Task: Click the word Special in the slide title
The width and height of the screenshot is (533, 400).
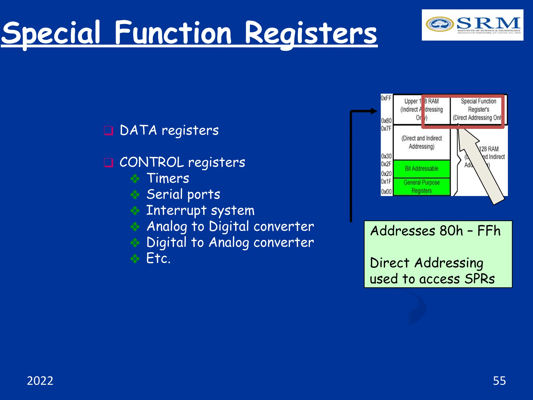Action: [x=51, y=33]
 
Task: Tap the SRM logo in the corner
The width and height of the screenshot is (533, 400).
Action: [x=472, y=25]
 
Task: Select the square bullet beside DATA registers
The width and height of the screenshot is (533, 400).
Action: [x=108, y=130]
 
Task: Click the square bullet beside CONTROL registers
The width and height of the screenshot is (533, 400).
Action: [x=108, y=162]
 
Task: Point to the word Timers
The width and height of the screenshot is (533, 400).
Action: [x=168, y=178]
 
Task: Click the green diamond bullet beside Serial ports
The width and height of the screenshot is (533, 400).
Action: [x=135, y=195]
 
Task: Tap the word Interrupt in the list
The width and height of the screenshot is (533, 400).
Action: [x=176, y=210]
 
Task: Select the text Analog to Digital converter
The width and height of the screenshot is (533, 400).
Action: [x=230, y=226]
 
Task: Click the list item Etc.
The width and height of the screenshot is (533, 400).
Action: [x=158, y=258]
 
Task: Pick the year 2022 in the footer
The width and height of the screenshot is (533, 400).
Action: [x=40, y=381]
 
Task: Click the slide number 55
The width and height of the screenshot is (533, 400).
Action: [x=499, y=381]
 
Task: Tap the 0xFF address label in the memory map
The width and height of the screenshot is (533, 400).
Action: [x=386, y=98]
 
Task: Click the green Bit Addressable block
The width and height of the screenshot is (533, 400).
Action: [x=421, y=169]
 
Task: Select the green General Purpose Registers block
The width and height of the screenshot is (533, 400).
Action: [x=421, y=186]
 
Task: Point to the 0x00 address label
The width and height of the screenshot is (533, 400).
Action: [x=386, y=192]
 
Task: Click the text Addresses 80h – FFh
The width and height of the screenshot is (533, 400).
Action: [x=435, y=231]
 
